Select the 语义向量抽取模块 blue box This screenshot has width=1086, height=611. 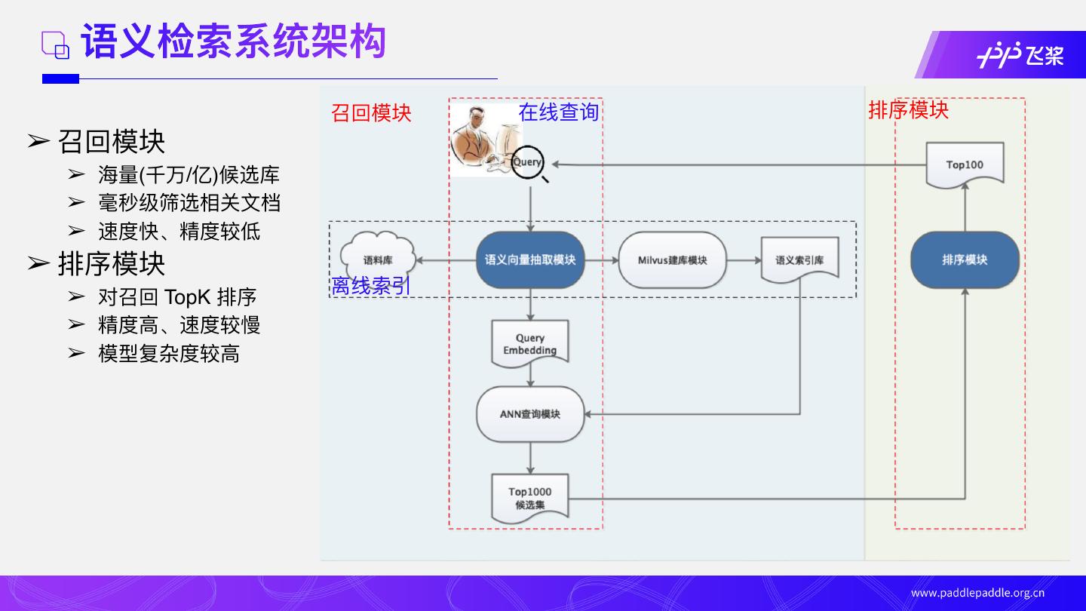point(530,260)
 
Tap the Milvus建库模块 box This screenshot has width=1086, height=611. point(672,260)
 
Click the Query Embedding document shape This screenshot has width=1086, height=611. point(530,344)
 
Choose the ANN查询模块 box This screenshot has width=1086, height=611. point(530,414)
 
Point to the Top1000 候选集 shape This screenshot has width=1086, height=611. point(529,498)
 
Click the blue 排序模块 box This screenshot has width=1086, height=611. point(965,260)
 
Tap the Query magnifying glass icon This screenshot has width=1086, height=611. point(528,163)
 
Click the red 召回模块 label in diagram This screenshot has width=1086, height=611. point(371,113)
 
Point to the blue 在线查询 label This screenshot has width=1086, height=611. point(558,112)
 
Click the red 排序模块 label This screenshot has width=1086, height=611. point(908,110)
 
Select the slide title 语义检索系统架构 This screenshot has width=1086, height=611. point(234,42)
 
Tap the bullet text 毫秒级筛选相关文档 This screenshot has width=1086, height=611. point(189,203)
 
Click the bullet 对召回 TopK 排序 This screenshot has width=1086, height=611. point(177,297)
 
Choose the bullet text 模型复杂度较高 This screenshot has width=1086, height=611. point(169,354)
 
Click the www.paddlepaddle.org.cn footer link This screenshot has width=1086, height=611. point(977,593)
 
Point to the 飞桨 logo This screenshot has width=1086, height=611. point(1020,55)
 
